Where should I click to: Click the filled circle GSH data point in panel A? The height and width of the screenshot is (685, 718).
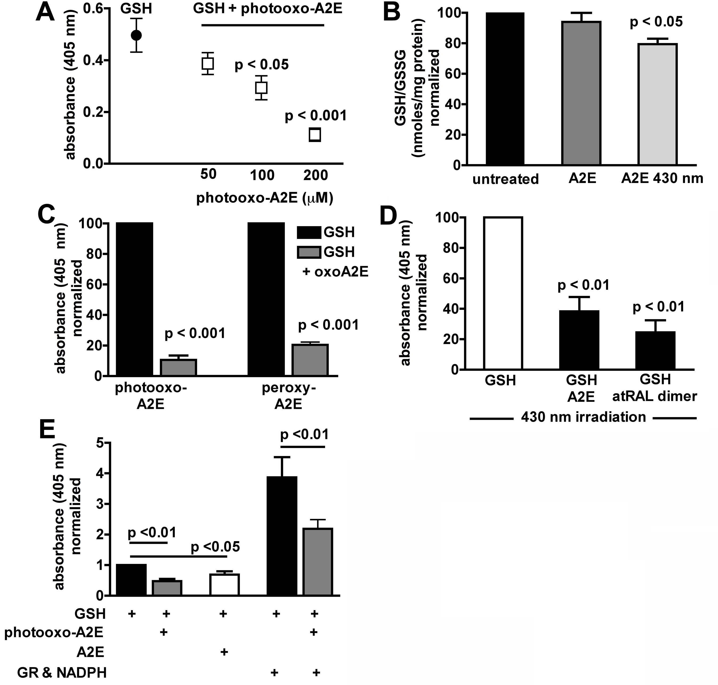point(136,35)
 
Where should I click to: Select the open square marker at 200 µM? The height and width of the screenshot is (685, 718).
point(315,135)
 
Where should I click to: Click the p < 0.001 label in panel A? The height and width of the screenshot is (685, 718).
point(316,116)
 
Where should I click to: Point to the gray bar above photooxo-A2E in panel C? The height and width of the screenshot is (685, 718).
point(179,367)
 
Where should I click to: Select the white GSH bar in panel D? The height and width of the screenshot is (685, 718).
point(503,293)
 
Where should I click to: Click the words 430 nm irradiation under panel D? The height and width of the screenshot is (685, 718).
point(583,417)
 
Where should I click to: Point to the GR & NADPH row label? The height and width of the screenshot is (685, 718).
point(62,672)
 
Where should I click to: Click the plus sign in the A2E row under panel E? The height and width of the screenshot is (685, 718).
point(224,652)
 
